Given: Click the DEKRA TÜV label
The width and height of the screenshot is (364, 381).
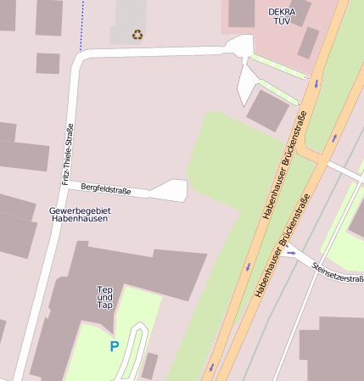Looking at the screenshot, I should pos(280,17).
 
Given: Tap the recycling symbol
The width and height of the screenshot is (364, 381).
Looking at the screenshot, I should pos(137,35).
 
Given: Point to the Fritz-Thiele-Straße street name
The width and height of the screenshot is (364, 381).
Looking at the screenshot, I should pos(68,154).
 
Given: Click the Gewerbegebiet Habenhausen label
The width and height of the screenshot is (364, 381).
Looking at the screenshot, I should pos(79,214).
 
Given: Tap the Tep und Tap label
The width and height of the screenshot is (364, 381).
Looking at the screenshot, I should pos(105,297).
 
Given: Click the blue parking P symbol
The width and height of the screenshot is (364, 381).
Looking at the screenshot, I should pos(115,345).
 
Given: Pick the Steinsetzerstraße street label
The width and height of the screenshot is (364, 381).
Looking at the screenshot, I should pos(338,272).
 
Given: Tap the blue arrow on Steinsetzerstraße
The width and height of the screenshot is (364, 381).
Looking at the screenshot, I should pos(291,251).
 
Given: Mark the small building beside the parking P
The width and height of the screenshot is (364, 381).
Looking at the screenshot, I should pos(149,366).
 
